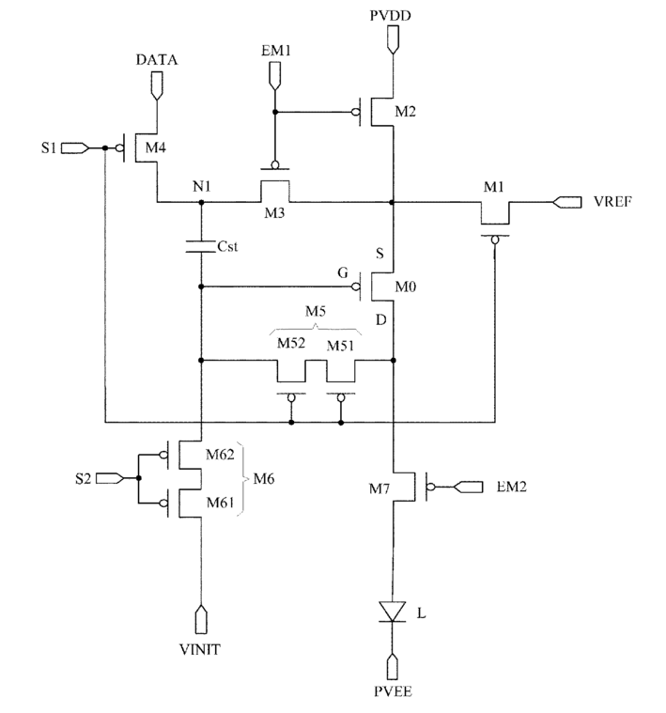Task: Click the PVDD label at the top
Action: [391, 15]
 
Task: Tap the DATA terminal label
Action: [157, 59]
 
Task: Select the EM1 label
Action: [275, 50]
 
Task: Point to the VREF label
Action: [612, 201]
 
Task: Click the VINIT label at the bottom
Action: [200, 649]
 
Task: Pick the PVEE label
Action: [393, 691]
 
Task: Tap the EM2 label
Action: [511, 487]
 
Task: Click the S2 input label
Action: [84, 478]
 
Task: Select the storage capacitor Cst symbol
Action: [200, 246]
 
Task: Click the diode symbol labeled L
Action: [393, 612]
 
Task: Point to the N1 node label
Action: [202, 186]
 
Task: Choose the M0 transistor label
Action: [406, 287]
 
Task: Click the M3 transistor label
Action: [274, 213]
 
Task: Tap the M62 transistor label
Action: [220, 455]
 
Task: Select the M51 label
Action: [340, 346]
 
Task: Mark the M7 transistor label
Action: [379, 488]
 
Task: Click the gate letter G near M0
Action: [343, 272]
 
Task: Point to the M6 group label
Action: [264, 478]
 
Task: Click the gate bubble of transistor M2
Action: [356, 112]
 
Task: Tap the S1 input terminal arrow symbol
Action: [75, 147]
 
